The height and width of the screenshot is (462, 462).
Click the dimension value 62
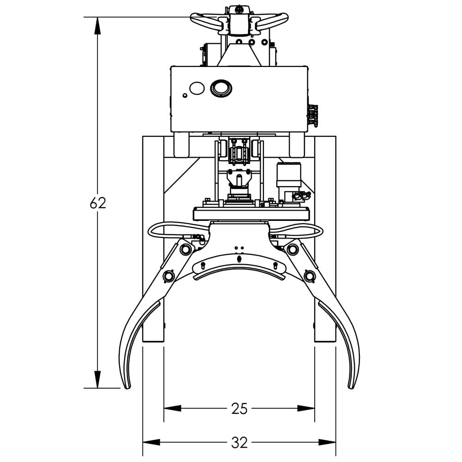click(x=98, y=203)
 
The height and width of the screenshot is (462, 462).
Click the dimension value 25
click(x=239, y=408)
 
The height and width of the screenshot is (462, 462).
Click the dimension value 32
click(x=239, y=443)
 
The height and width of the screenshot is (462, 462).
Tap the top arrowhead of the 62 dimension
click(x=97, y=25)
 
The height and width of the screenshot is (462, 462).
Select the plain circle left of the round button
click(x=197, y=88)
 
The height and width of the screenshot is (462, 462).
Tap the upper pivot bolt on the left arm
click(x=186, y=250)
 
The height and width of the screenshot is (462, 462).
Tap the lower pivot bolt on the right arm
click(x=309, y=276)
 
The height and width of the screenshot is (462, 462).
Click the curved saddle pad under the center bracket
click(x=239, y=272)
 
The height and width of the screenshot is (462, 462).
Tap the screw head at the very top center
click(x=239, y=9)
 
